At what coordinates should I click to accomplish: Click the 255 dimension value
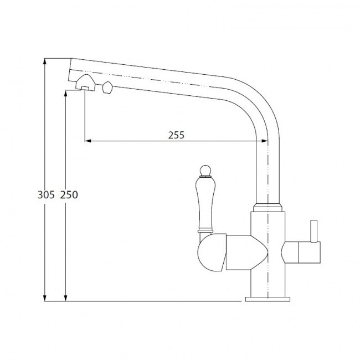(x=176, y=135)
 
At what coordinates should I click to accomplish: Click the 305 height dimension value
(x=46, y=195)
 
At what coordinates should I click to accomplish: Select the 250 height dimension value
(x=69, y=195)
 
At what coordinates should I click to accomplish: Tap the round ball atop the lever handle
(x=205, y=170)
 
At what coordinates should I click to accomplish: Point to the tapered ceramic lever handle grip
(x=205, y=203)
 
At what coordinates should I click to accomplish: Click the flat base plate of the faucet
(x=268, y=299)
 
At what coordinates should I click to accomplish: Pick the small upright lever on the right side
(x=313, y=231)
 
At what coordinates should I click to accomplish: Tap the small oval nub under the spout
(x=107, y=88)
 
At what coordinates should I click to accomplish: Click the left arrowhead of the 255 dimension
(x=88, y=141)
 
